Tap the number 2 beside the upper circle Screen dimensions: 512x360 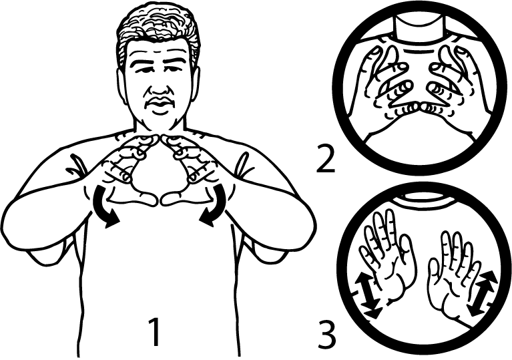(326, 159)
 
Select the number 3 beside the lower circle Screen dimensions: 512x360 (326, 335)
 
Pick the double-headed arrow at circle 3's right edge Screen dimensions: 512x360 (482, 293)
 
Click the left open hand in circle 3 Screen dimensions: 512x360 (387, 255)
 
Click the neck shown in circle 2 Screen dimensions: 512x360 (419, 29)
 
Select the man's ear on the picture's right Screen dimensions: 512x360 (196, 83)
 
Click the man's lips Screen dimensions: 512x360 (160, 105)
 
